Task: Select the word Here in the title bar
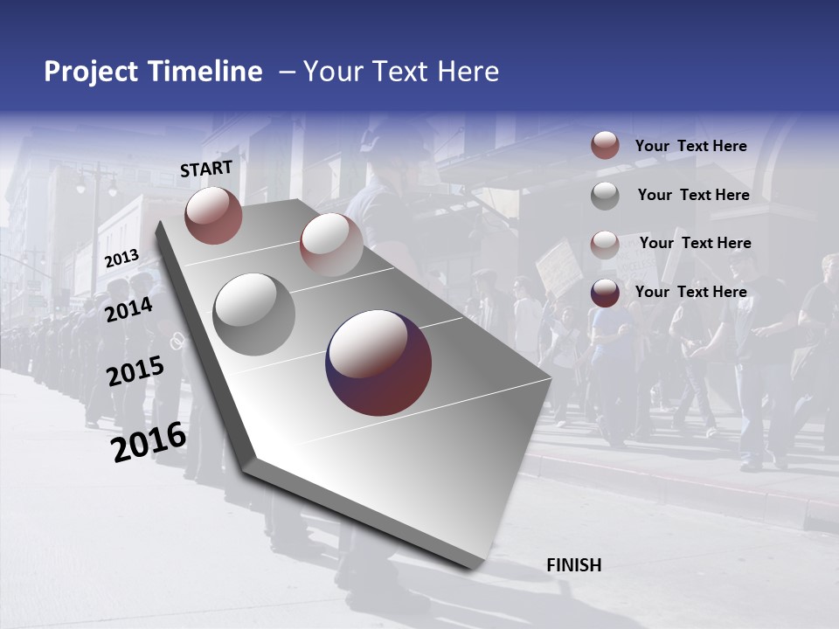pos(468,72)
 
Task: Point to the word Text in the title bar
pos(401,72)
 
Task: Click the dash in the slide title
pos(286,72)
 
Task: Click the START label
pos(206,169)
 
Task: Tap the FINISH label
pos(574,565)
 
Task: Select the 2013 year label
pos(121,259)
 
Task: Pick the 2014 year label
pos(129,309)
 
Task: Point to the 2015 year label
pos(135,371)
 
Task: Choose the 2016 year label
pos(149,441)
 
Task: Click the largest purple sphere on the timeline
pos(378,363)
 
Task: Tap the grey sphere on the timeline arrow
pos(253,314)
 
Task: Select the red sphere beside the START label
pos(213,215)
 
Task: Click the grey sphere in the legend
pos(605,196)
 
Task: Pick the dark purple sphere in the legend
pos(605,293)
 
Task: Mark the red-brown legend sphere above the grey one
pos(605,146)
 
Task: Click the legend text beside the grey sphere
pos(693,195)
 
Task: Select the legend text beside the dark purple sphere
pos(690,292)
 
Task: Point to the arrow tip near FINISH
pos(472,568)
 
